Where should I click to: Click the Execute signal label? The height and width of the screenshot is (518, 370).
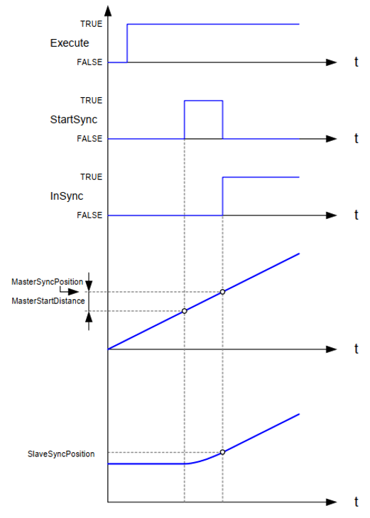tap(70, 43)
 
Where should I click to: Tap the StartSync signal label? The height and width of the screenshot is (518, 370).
tap(73, 119)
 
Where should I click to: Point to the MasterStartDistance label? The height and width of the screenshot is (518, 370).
tap(48, 301)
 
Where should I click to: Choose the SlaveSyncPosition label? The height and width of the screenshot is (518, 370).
tap(61, 454)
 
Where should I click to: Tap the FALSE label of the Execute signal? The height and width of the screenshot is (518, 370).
tap(89, 62)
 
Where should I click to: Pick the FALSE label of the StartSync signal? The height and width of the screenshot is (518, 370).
tap(89, 139)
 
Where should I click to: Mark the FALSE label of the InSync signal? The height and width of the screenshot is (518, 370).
tap(89, 215)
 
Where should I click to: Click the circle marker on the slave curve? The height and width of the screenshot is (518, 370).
tap(223, 452)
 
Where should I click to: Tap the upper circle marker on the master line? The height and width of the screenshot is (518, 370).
tap(223, 292)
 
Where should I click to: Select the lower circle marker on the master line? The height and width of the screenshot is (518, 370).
tap(185, 311)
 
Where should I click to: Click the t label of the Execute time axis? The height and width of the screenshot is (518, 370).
tap(356, 62)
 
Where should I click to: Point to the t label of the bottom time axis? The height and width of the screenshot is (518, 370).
tap(356, 502)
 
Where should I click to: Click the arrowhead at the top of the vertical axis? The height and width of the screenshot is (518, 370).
tap(108, 11)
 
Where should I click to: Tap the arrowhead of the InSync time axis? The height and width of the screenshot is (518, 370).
tap(331, 215)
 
